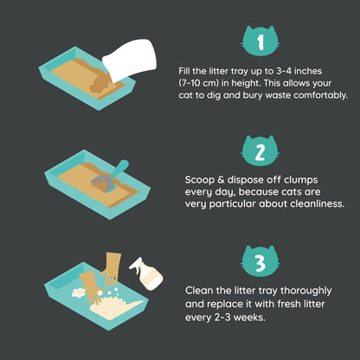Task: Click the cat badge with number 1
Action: pyautogui.click(x=260, y=41)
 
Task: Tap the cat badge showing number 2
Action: pyautogui.click(x=260, y=151)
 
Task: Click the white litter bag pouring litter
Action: pyautogui.click(x=130, y=61)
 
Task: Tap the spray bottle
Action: pyautogui.click(x=146, y=273)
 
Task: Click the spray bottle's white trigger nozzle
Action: pyautogui.click(x=137, y=264)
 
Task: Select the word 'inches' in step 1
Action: pyautogui.click(x=307, y=71)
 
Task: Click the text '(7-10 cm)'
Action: pyautogui.click(x=198, y=83)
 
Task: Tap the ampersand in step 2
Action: pyautogui.click(x=221, y=180)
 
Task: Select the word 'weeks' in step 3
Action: pyautogui.click(x=248, y=318)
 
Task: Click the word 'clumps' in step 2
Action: pyautogui.click(x=301, y=181)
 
